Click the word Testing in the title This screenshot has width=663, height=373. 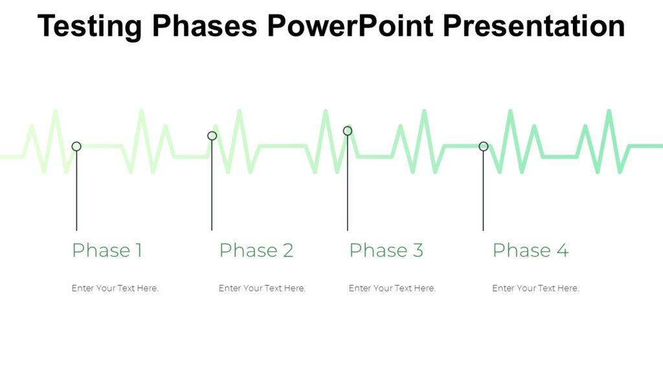point(90,27)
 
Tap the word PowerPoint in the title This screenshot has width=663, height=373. point(351,27)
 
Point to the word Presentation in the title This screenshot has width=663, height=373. point(534,27)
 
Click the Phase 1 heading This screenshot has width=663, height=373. point(107,251)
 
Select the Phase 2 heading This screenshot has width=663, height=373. point(256,251)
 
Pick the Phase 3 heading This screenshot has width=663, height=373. point(386,251)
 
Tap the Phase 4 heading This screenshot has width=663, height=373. point(530,251)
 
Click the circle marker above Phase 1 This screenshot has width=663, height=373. point(76,146)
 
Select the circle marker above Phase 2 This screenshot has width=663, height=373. point(212,136)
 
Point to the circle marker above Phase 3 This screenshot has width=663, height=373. point(348,131)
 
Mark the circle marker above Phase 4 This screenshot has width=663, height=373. point(483,146)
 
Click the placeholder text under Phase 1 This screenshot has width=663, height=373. point(115,288)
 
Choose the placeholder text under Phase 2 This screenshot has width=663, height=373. point(262,288)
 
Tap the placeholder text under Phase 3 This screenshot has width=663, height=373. point(392,288)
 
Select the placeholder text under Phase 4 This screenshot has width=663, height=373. point(535,288)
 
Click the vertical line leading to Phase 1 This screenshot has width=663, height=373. point(76,191)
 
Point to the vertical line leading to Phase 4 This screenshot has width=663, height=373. point(483,191)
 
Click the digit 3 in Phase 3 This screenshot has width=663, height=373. point(418,251)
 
